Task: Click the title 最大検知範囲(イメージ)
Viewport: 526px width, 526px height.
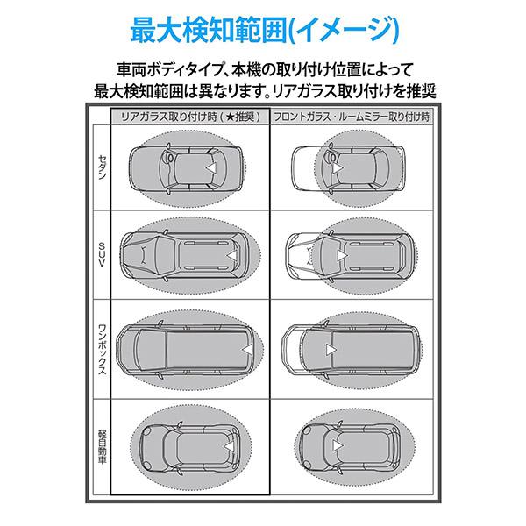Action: pyautogui.click(x=263, y=29)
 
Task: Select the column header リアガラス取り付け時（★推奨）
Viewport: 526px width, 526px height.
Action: pyautogui.click(x=188, y=117)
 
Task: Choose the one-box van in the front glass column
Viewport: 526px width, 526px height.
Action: pyautogui.click(x=349, y=349)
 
